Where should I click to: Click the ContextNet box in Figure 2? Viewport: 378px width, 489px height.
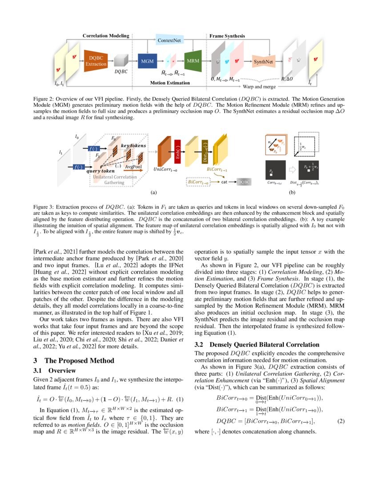point(169,40)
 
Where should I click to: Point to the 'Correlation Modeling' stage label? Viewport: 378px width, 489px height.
point(106,36)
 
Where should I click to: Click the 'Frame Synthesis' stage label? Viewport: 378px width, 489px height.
point(227,36)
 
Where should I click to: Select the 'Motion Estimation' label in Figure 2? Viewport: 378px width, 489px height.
point(169,83)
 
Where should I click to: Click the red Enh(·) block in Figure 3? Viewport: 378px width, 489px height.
point(177,151)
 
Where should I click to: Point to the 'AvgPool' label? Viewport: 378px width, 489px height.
point(133,166)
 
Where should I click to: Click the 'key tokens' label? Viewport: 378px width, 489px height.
point(133,145)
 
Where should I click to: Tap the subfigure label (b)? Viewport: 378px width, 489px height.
point(292,192)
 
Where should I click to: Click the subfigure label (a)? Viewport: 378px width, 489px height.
point(153,192)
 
